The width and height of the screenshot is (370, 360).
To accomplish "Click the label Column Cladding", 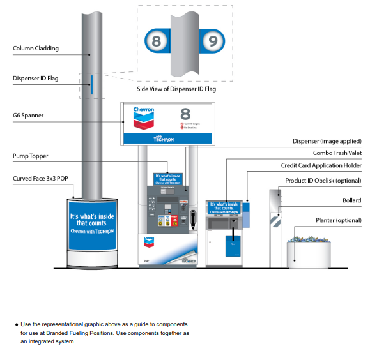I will [35, 48].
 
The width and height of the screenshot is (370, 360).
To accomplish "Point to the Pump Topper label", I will [31, 155].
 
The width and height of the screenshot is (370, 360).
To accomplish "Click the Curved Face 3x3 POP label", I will [40, 179].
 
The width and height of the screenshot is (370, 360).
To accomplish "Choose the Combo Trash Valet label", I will [337, 153].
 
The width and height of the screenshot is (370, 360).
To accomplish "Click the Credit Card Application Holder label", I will [321, 165].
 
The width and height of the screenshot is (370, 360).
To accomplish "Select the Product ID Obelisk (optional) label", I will [323, 181].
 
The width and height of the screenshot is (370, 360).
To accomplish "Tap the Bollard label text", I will [351, 200].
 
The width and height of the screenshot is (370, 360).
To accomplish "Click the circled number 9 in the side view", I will [213, 42].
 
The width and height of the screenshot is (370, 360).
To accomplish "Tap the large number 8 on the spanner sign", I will [185, 114].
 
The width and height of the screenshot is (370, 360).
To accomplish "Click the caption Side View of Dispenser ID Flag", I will [176, 89].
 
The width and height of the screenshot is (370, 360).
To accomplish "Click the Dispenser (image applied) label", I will [327, 140].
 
